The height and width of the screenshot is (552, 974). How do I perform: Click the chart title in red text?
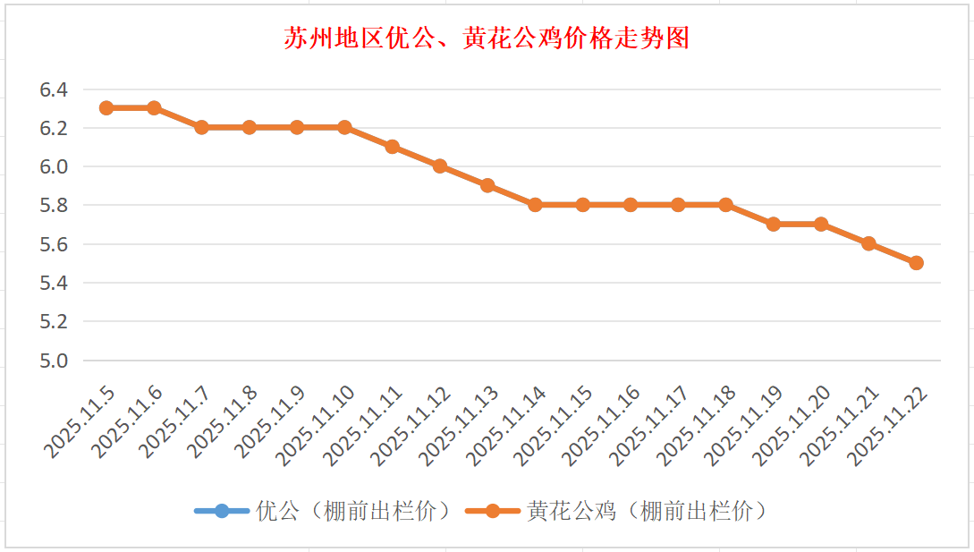pyautogui.click(x=487, y=38)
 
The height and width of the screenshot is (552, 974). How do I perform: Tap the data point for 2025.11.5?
pyautogui.click(x=106, y=107)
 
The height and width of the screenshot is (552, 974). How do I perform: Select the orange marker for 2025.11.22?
pyautogui.click(x=916, y=263)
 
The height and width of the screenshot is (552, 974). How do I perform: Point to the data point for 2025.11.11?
pyautogui.click(x=392, y=147)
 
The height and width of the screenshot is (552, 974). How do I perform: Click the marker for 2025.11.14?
pyautogui.click(x=535, y=205)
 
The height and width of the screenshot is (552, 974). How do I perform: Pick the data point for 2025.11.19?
pyautogui.click(x=773, y=224)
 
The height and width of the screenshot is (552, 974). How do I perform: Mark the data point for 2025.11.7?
pyautogui.click(x=201, y=127)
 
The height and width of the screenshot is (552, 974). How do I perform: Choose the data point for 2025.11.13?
pyautogui.click(x=487, y=185)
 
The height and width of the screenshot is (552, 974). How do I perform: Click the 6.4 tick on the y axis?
pyautogui.click(x=54, y=89)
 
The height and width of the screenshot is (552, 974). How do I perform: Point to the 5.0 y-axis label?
pyautogui.click(x=54, y=361)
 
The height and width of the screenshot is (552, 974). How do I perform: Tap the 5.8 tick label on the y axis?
pyautogui.click(x=54, y=206)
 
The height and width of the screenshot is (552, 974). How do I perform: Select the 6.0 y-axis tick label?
pyautogui.click(x=54, y=166)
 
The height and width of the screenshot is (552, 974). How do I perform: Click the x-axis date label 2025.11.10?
pyautogui.click(x=317, y=424)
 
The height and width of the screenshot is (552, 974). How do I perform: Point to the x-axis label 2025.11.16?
pyautogui.click(x=603, y=424)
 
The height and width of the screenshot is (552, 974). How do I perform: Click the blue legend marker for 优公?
pyautogui.click(x=222, y=511)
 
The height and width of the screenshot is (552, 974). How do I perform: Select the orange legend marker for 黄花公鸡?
pyautogui.click(x=492, y=511)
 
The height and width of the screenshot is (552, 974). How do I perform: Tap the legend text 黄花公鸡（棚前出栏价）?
pyautogui.click(x=648, y=511)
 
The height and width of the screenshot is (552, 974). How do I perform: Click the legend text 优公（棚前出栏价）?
pyautogui.click(x=353, y=511)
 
